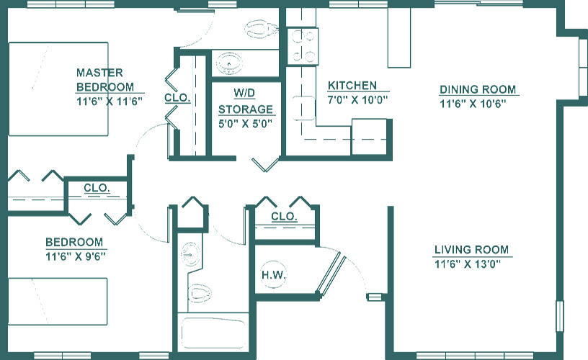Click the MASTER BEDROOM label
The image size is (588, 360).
tap(99, 79)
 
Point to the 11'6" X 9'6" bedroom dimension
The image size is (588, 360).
tap(75, 256)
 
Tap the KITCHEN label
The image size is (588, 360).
tap(352, 85)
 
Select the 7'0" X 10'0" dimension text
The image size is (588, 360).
tap(358, 100)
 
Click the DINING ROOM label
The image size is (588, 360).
tap(478, 90)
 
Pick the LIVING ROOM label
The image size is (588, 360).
tap(471, 250)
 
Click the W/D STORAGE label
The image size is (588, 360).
tap(246, 102)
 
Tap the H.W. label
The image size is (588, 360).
tap(274, 275)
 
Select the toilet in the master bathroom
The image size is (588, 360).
tap(261, 30)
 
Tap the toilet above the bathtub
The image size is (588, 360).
tap(200, 292)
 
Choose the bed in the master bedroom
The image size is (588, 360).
tap(58, 89)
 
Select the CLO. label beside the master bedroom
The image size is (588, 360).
tap(177, 98)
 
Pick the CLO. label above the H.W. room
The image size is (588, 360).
tap(284, 217)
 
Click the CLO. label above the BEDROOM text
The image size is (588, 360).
tap(97, 189)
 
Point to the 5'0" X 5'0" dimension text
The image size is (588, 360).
tap(246, 123)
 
